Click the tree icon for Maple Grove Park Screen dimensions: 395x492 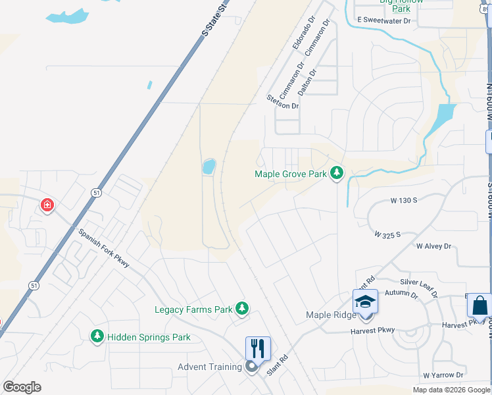(x=337, y=173)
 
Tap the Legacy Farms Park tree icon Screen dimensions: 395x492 (x=242, y=308)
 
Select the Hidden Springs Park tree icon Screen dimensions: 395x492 (x=97, y=336)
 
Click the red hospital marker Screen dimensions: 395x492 (x=47, y=205)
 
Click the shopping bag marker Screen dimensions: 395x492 (x=480, y=305)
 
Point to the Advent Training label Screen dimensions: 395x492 (x=210, y=367)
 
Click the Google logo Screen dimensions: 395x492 (x=22, y=386)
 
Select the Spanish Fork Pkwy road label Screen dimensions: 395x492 (x=103, y=248)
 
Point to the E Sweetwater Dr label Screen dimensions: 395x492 (x=383, y=20)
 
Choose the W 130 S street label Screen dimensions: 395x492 (x=404, y=199)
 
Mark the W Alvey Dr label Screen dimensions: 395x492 (x=433, y=246)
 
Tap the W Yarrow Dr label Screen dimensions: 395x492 (x=447, y=375)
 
